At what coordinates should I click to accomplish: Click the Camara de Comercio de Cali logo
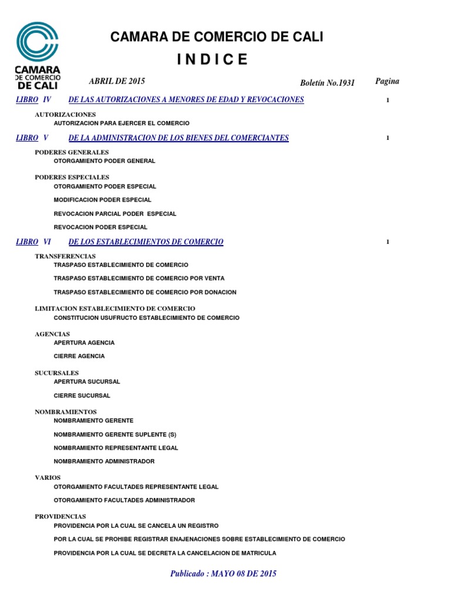(38, 55)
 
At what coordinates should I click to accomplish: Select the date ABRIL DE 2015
(117, 81)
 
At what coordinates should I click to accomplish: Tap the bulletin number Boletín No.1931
(327, 83)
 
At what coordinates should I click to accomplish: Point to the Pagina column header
(387, 81)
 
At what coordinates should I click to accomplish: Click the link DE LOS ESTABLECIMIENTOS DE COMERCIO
(146, 242)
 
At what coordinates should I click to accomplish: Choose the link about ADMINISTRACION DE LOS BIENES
(179, 138)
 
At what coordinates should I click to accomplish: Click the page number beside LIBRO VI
(388, 242)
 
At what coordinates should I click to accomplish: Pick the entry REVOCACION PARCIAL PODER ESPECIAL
(115, 214)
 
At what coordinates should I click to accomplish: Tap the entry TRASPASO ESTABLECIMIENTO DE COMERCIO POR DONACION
(144, 292)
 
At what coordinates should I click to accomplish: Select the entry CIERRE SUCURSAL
(82, 396)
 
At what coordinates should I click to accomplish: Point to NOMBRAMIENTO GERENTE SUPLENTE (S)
(115, 434)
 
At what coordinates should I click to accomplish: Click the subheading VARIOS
(48, 477)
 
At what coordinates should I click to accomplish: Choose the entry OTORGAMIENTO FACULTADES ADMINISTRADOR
(124, 500)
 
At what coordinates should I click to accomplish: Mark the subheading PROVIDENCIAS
(60, 516)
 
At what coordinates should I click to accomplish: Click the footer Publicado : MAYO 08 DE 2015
(223, 573)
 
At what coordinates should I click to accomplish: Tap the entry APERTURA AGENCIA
(84, 343)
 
